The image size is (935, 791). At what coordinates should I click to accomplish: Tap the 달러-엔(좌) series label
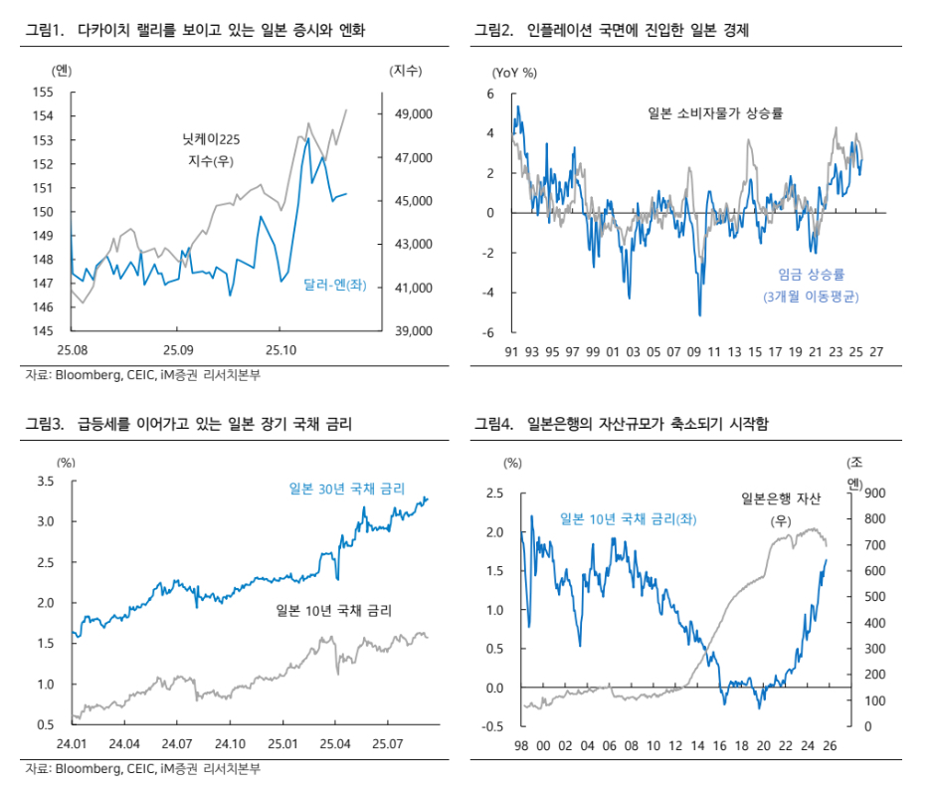335,285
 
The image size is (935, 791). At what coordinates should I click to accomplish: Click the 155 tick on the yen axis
42,92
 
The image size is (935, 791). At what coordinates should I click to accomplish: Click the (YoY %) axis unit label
514,72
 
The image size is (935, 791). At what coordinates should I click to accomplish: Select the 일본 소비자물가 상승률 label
716,112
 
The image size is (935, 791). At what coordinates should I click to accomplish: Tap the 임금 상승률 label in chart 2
818,275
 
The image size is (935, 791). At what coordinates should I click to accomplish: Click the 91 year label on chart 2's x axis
511,352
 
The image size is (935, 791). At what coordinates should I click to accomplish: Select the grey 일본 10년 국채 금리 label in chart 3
333,610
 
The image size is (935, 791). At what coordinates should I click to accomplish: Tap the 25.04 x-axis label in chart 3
335,743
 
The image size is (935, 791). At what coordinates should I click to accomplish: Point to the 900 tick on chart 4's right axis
869,494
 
